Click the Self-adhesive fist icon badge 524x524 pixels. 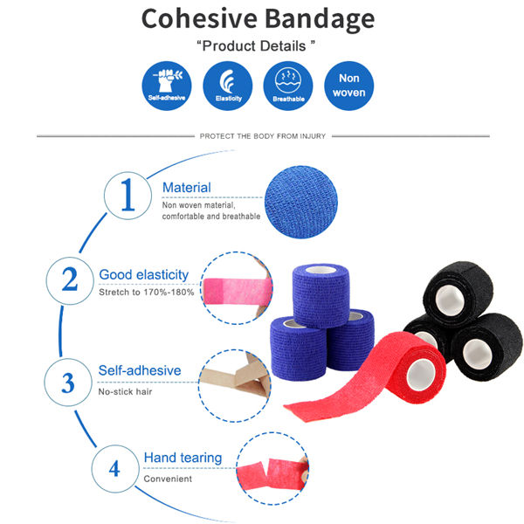click(x=167, y=86)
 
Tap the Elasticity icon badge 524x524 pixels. click(x=228, y=86)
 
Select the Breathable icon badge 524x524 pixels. click(x=288, y=86)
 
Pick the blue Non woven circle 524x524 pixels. click(x=348, y=86)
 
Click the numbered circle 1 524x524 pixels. click(x=128, y=196)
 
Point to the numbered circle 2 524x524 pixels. click(x=70, y=280)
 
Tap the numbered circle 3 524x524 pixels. click(x=68, y=383)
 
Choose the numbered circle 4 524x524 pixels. click(x=115, y=468)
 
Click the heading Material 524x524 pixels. click(x=187, y=188)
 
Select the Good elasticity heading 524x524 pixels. click(x=144, y=275)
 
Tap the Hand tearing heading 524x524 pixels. click(x=183, y=458)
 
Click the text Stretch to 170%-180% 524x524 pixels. click(x=147, y=293)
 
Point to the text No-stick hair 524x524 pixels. click(x=125, y=391)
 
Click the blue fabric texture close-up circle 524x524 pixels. click(x=301, y=203)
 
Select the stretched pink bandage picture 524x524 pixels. click(x=237, y=288)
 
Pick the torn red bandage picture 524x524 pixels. click(x=272, y=468)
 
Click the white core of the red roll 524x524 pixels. click(x=421, y=375)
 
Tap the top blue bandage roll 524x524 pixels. click(x=321, y=295)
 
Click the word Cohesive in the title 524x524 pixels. click(x=199, y=18)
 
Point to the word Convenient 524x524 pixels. click(x=168, y=479)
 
